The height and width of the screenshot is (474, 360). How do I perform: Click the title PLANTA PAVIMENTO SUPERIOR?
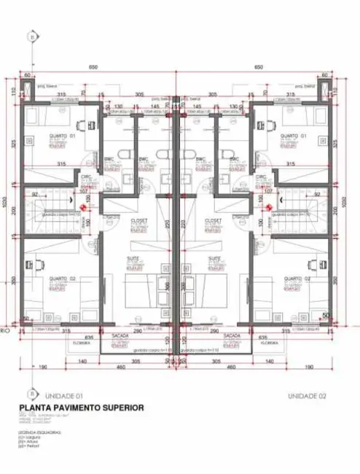click(x=81, y=408)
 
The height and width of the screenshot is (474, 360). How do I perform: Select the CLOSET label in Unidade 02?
click(x=214, y=219)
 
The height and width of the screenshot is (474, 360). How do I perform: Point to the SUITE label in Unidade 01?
click(x=134, y=259)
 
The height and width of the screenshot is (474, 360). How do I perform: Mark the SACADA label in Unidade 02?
click(x=232, y=336)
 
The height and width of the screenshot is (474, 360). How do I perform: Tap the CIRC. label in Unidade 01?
click(x=107, y=176)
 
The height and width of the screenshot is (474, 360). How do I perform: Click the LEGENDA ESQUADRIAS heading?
click(x=41, y=432)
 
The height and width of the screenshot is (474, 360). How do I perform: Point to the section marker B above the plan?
click(x=31, y=36)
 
